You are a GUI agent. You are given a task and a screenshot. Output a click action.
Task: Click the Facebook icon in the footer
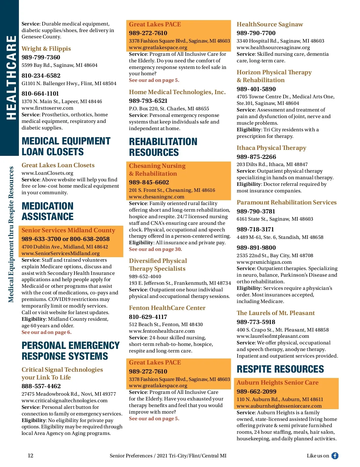(335, 456)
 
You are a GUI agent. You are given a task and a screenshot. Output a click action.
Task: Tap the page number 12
(31, 456)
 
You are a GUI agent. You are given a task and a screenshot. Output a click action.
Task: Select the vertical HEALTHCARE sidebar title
(11, 78)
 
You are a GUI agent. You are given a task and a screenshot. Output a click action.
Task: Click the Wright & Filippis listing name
(46, 49)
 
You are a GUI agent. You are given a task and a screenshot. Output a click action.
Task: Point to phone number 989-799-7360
(41, 57)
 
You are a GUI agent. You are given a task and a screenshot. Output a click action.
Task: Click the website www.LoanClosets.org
(47, 173)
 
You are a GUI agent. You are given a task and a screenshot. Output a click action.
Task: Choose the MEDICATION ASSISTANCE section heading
(48, 211)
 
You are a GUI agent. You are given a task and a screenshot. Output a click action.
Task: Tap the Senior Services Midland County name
(68, 230)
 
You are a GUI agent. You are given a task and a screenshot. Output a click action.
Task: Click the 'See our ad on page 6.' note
(46, 332)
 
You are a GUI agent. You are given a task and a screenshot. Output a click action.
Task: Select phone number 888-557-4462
(41, 386)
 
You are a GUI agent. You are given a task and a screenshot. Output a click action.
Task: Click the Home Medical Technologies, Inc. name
(177, 92)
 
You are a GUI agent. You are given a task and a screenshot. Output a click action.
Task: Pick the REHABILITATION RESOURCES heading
(163, 147)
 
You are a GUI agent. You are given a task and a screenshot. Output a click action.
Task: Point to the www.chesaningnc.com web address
(157, 197)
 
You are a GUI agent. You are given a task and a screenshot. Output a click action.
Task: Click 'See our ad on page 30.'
(155, 249)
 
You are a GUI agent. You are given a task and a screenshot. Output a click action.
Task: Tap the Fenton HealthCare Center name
(167, 308)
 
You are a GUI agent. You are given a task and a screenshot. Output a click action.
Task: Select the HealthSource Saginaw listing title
(270, 24)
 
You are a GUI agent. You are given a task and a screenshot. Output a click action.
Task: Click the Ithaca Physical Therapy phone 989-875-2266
(256, 157)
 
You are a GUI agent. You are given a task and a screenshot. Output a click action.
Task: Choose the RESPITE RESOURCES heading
(280, 369)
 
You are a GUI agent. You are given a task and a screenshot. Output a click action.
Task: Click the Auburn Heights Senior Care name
(277, 382)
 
